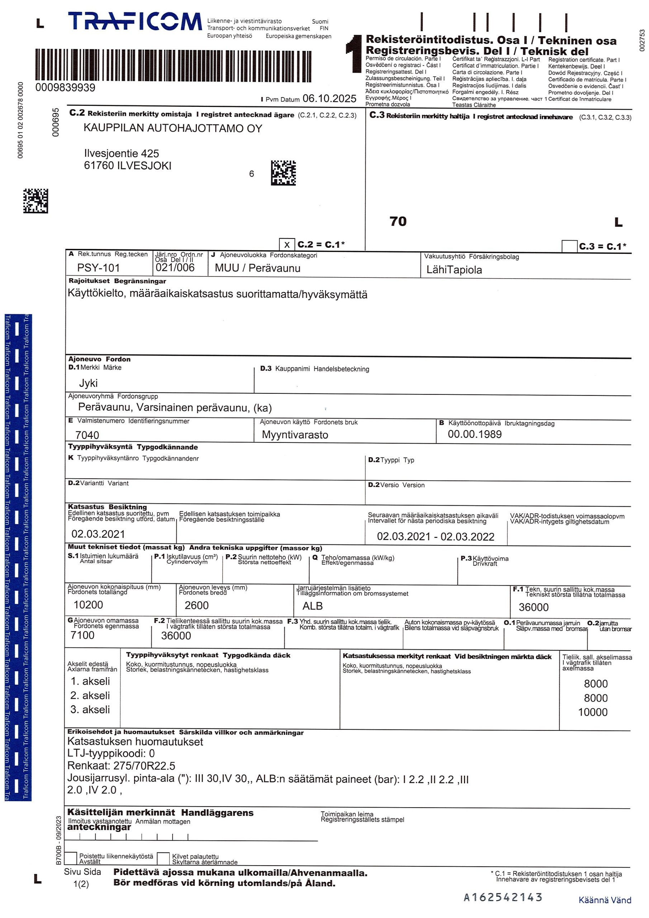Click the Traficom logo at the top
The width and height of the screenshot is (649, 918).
pos(135,22)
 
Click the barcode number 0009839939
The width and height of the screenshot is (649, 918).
pos(65,87)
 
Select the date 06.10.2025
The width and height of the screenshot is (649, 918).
pos(329,98)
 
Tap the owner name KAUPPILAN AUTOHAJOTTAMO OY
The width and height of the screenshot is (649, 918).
pos(173,128)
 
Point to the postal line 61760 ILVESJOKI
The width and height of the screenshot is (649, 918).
pos(128,166)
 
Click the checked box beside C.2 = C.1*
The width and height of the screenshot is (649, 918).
pos(287,244)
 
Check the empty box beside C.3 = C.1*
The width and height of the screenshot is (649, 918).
pos(569,246)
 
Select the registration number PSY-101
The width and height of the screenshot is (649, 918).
pos(98,268)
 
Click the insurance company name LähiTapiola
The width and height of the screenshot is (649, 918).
pos(454,270)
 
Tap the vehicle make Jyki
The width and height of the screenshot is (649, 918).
pos(88,383)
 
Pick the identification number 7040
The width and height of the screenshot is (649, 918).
pos(87,435)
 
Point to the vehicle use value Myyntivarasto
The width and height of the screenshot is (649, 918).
pos(295,435)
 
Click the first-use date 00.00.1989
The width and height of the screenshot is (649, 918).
pos(475,434)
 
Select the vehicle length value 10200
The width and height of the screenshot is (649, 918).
pos(88,605)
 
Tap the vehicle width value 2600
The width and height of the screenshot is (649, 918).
pos(196,605)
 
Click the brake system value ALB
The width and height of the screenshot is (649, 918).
pos(312,606)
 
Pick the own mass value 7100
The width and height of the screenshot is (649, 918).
pos(82,635)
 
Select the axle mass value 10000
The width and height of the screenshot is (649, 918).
pos(593,712)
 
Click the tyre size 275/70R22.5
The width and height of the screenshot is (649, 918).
pos(145,766)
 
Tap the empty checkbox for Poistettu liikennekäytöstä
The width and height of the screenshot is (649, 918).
pos(71,858)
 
